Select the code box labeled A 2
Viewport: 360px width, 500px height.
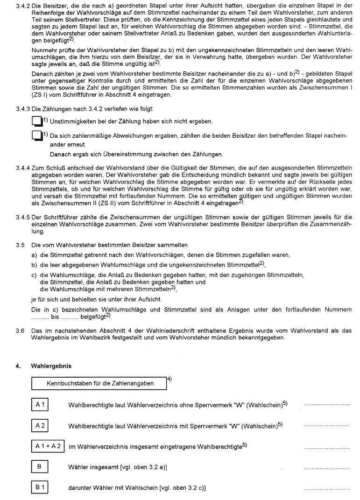(x=40, y=426)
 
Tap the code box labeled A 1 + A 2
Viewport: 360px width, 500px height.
(x=48, y=446)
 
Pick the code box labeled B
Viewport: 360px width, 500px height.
(x=40, y=467)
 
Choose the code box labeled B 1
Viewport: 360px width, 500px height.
(x=40, y=487)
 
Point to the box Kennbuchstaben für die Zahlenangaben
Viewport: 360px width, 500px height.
(x=99, y=383)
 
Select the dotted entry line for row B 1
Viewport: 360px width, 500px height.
(x=326, y=489)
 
